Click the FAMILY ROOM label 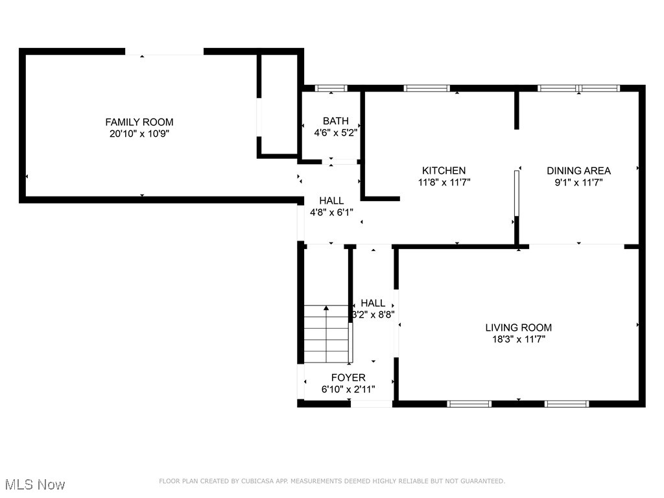(139, 122)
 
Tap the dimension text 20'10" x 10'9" (139, 134)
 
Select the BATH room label (336, 121)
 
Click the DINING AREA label (578, 171)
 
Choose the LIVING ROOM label (519, 327)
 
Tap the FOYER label (348, 377)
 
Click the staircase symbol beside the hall (327, 334)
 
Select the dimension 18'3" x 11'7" (519, 339)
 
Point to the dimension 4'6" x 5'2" (336, 132)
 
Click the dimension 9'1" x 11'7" (578, 182)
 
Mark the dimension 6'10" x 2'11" (348, 389)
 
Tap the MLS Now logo (35, 484)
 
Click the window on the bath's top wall (331, 88)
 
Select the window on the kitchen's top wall (427, 88)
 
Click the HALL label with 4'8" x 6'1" (331, 201)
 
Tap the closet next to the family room (279, 104)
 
